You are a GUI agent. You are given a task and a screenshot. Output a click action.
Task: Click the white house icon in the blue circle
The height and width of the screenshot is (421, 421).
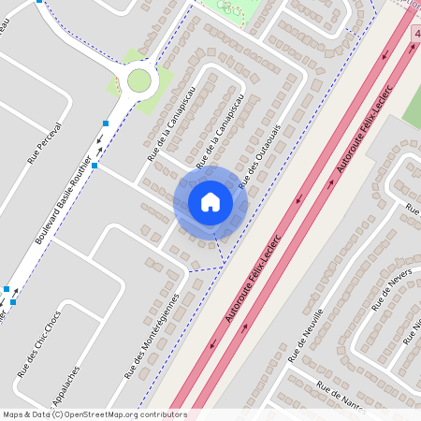(210, 201)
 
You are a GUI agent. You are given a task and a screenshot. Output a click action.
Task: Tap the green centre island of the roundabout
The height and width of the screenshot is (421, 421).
(138, 80)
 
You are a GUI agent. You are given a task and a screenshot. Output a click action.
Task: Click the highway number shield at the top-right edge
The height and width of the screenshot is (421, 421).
(415, 33)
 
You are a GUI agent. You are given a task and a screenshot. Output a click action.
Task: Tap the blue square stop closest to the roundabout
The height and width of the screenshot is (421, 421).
(106, 123)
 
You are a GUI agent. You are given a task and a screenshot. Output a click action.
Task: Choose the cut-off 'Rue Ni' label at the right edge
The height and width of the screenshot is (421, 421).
(414, 328)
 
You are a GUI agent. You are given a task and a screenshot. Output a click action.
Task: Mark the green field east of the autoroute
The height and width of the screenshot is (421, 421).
(412, 108)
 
